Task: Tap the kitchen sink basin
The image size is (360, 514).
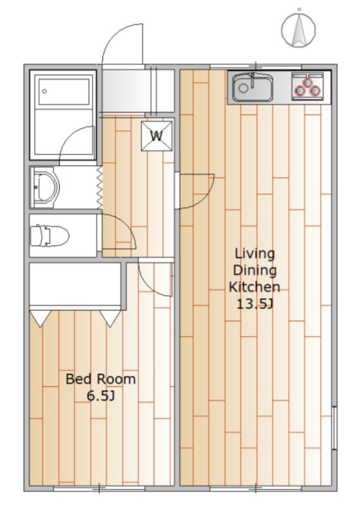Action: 253,87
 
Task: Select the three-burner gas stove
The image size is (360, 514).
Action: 307,85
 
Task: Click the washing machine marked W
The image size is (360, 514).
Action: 157,136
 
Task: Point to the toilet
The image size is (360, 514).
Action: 50,235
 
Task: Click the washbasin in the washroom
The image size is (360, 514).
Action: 45,188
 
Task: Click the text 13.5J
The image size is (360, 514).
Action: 255,304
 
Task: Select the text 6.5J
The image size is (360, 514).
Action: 101,396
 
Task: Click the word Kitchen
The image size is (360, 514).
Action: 255,287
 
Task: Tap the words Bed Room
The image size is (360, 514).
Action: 101,379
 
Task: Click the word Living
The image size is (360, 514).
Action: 255,254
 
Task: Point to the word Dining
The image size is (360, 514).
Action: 255,270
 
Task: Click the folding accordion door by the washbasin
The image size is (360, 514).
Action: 100,188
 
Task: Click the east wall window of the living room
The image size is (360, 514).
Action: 334,428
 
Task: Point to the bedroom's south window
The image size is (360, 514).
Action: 99,488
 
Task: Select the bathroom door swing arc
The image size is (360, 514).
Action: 69,137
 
